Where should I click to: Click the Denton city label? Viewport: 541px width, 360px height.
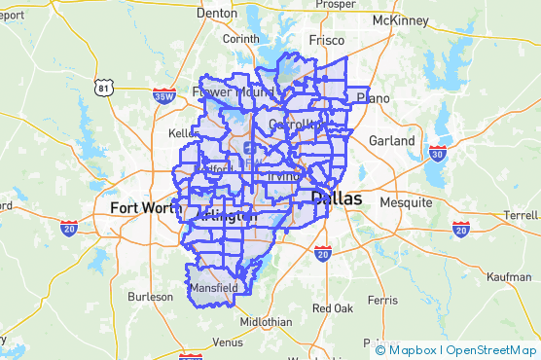pyautogui.click(x=216, y=13)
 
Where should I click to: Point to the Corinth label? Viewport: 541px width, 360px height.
pyautogui.click(x=241, y=39)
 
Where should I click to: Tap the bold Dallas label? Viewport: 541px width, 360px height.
pyautogui.click(x=336, y=198)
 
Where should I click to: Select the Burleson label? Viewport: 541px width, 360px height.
pyautogui.click(x=150, y=296)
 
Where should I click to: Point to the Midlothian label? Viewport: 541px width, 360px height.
pyautogui.click(x=265, y=322)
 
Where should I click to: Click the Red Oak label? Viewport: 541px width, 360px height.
pyautogui.click(x=332, y=308)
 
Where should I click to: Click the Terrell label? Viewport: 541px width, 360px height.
pyautogui.click(x=521, y=215)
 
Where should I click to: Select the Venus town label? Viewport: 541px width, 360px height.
pyautogui.click(x=228, y=342)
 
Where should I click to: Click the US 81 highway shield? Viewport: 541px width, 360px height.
pyautogui.click(x=105, y=88)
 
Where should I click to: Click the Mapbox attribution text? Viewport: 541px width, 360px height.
pyautogui.click(x=413, y=349)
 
